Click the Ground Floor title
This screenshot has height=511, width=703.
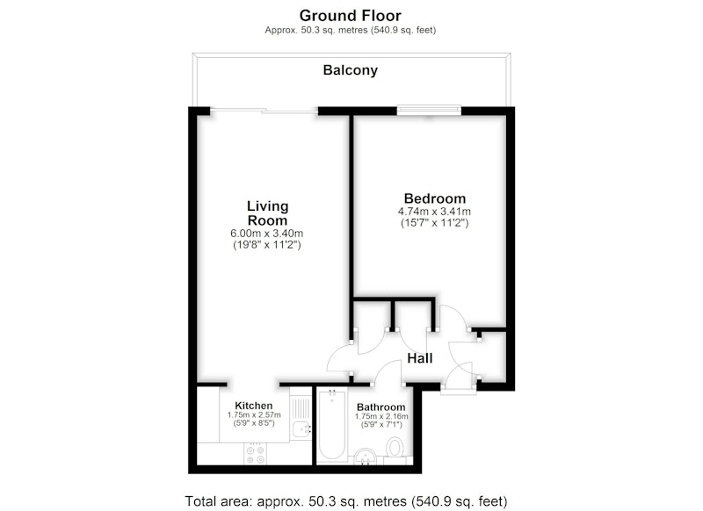(350, 16)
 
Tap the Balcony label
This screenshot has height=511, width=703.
(350, 70)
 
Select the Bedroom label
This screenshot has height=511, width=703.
(434, 198)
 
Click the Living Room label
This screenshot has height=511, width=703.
(268, 213)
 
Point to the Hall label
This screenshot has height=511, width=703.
(420, 358)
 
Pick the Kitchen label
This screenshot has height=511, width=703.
(253, 406)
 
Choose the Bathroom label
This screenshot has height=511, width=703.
(381, 407)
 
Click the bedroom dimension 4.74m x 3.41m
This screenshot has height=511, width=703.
(434, 212)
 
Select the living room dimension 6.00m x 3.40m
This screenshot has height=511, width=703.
(267, 234)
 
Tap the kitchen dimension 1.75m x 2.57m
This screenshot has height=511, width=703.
(254, 415)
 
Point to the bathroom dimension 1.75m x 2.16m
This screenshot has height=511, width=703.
(381, 416)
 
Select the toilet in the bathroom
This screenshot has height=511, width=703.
(395, 450)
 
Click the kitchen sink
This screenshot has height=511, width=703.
(301, 430)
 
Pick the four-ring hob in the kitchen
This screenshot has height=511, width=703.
(256, 454)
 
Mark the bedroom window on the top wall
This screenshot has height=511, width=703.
(429, 110)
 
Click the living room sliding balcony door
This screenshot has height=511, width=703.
(265, 110)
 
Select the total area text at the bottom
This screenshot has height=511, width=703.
(346, 501)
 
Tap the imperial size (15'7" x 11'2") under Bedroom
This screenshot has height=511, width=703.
(434, 223)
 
